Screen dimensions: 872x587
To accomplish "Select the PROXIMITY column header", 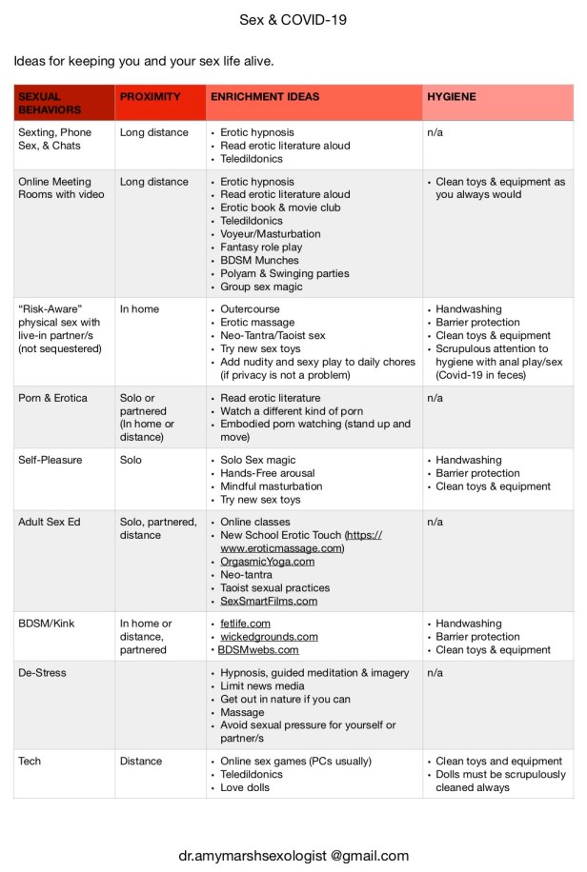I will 150,97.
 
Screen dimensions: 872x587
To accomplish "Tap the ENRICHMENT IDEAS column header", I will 264,97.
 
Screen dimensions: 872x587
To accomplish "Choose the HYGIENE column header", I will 452,97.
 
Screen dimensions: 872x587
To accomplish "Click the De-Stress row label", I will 42,673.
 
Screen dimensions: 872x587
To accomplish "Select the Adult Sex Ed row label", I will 50,523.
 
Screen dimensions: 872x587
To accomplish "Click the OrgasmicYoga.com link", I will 267,562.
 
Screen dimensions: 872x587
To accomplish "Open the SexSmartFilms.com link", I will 269,602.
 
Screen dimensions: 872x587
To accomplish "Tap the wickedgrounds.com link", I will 269,637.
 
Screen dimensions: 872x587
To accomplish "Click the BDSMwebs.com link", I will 259,650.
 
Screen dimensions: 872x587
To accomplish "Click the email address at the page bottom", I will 293,856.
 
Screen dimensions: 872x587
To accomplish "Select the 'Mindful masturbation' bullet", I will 271,486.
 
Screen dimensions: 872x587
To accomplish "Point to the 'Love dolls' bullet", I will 245,788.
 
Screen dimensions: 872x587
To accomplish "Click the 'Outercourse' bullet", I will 251,309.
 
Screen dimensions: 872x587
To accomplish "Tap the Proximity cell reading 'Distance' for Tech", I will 141,762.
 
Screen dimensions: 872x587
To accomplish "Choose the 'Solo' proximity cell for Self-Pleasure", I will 132,460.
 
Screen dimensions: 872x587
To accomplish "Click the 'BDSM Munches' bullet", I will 259,260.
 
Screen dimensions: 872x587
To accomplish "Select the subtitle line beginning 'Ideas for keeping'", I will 144,62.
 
